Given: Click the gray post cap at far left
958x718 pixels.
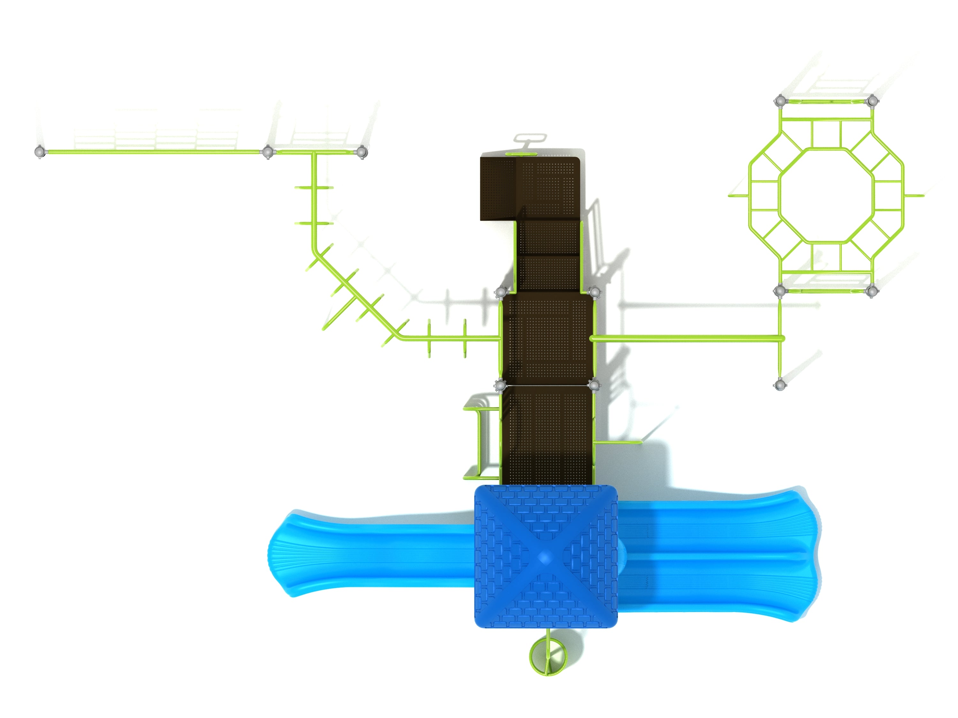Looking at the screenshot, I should (x=40, y=152).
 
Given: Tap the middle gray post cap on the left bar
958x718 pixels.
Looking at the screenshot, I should (x=268, y=152).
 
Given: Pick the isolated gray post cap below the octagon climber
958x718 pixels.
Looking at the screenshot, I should (x=779, y=384).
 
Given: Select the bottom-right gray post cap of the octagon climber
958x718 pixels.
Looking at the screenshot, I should (x=872, y=290).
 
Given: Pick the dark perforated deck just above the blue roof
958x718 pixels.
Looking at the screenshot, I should (x=547, y=435).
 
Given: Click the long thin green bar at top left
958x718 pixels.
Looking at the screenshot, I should (x=152, y=152).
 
